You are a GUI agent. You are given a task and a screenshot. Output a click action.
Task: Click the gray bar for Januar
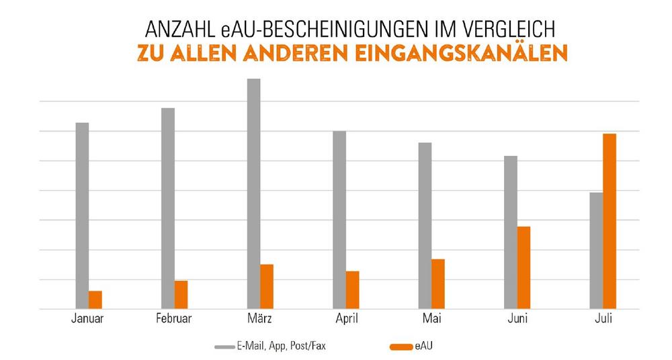click(81, 215)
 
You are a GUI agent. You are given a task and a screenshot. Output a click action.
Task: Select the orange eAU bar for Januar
click(95, 300)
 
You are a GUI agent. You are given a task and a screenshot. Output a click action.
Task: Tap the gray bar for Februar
click(167, 208)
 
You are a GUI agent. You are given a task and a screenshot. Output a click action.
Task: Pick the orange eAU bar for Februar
click(181, 294)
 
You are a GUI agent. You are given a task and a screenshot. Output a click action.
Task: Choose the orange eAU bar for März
click(267, 286)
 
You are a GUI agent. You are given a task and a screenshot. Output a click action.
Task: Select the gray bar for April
click(339, 220)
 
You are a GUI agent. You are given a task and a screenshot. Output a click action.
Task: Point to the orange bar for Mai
click(438, 283)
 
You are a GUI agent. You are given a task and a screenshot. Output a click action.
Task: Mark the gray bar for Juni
click(511, 232)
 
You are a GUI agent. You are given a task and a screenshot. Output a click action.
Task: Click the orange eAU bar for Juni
click(524, 267)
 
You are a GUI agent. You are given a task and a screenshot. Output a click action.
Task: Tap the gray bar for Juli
click(596, 250)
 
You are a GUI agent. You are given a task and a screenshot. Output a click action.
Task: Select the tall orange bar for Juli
click(610, 221)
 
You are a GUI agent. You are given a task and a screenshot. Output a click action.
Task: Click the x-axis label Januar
click(87, 319)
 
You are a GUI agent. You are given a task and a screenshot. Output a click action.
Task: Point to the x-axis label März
click(259, 319)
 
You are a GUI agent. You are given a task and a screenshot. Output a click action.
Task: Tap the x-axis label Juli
click(603, 319)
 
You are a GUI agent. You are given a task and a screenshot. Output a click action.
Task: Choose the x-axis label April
click(345, 319)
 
